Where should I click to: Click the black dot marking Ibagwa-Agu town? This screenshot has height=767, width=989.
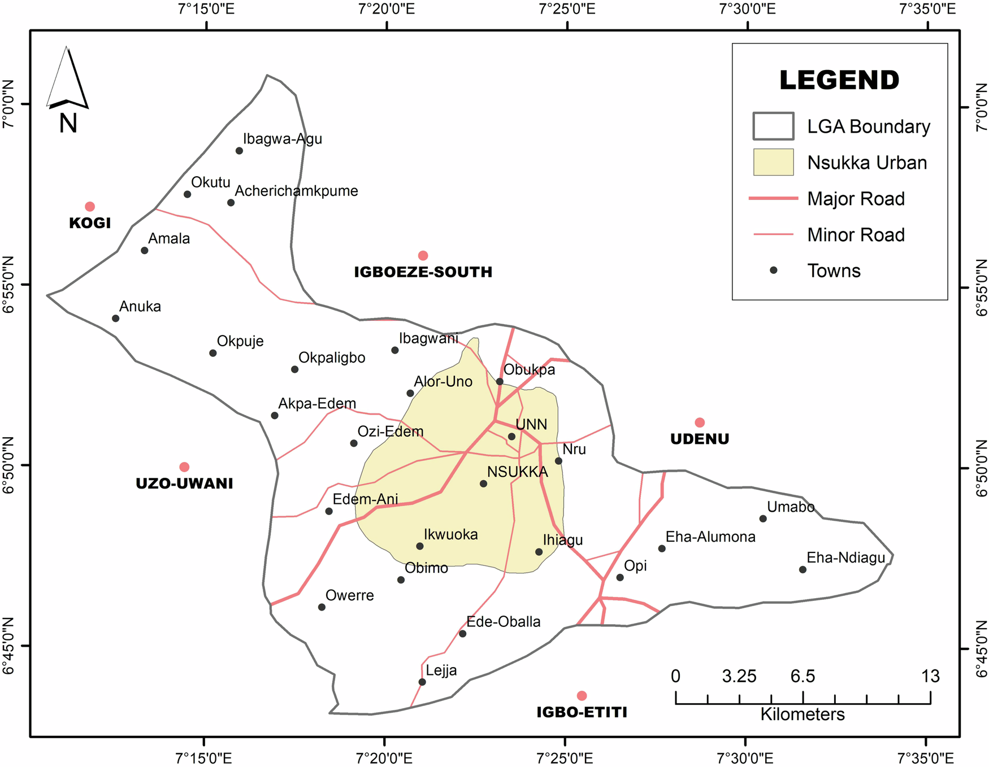239,151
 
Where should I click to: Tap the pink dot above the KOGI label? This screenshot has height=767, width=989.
90,207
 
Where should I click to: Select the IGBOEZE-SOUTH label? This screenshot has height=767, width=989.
423,272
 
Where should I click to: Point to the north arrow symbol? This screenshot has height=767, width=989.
68,79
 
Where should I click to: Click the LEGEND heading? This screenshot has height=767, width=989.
839,80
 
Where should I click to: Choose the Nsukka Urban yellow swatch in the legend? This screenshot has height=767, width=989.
773,163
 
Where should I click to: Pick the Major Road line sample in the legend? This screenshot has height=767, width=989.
773,199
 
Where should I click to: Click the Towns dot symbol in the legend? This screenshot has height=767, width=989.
774,271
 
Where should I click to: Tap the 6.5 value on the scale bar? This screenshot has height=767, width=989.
803,676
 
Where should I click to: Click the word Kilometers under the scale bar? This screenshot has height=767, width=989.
803,714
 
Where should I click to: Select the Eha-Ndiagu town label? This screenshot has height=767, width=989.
846,558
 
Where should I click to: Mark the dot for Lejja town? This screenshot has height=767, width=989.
422,682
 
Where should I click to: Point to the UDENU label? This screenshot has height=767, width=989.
700,439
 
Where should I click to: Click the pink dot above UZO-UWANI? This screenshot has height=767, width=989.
184,467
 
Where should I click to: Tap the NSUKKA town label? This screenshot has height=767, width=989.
518,472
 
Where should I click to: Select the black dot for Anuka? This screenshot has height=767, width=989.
116,319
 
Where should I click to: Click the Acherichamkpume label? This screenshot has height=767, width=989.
296,191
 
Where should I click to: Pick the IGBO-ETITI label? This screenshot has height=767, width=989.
582,712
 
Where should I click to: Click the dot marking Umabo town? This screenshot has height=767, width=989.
763,518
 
